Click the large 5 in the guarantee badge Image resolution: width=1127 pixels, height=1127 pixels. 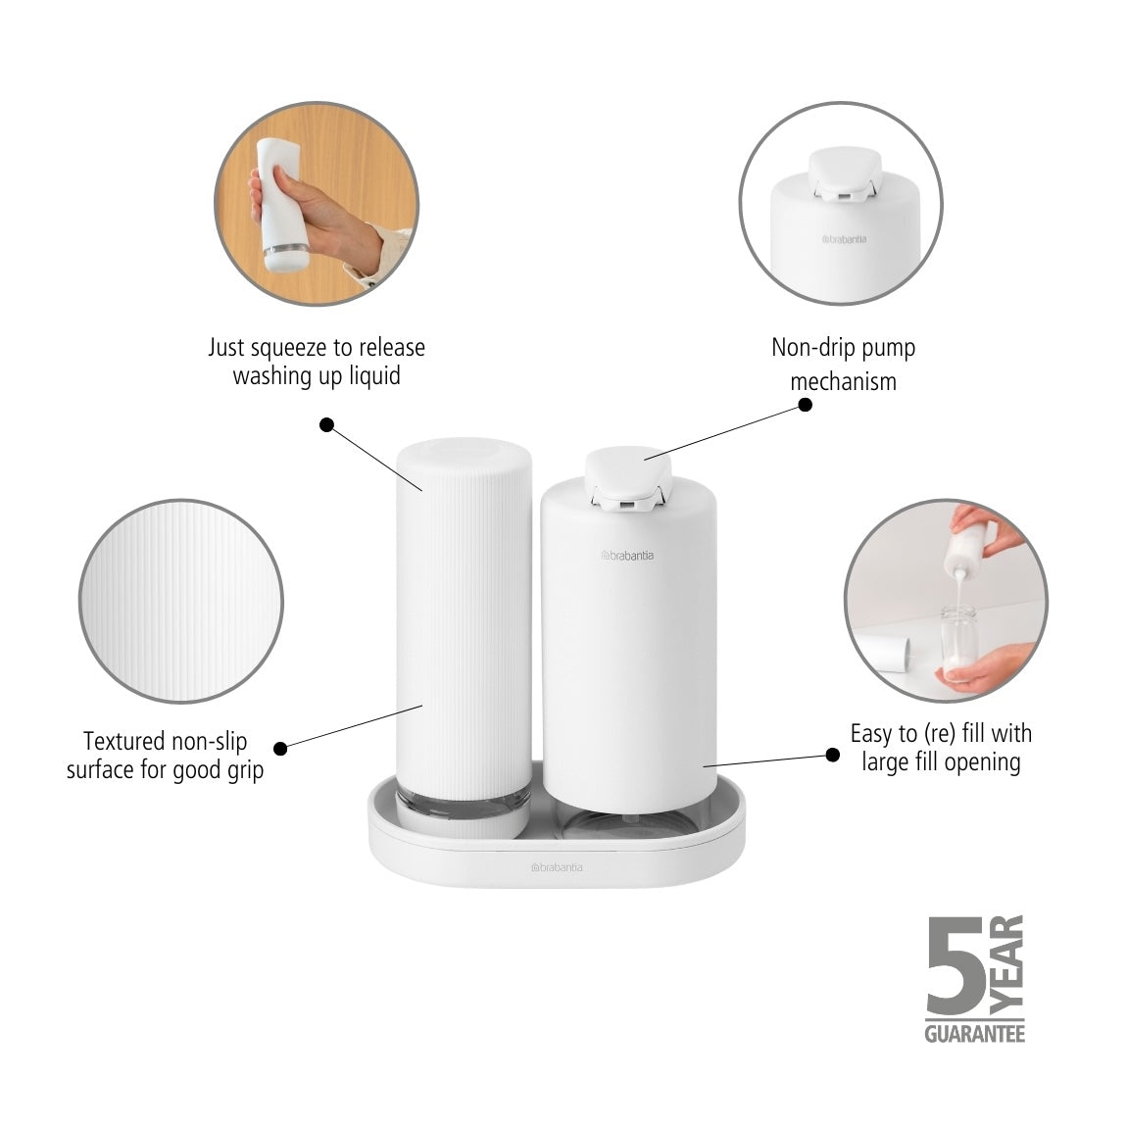[955, 970]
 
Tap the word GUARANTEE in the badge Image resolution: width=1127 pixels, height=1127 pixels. [974, 1033]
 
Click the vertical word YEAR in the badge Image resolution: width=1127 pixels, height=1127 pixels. [1007, 964]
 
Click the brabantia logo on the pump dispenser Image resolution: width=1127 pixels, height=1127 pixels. [627, 556]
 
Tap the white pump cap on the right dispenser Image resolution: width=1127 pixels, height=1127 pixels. [627, 470]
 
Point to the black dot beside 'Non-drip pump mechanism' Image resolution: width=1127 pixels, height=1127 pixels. [806, 404]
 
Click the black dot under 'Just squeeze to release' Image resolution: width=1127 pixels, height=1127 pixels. [327, 424]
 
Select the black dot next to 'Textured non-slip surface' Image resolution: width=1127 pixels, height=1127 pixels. [280, 748]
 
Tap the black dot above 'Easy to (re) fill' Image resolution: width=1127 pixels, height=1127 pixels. [833, 754]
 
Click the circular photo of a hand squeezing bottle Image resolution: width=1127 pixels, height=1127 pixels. [316, 214]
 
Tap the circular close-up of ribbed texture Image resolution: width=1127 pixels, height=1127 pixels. [181, 601]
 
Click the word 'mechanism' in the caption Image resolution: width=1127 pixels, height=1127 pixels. [843, 380]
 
